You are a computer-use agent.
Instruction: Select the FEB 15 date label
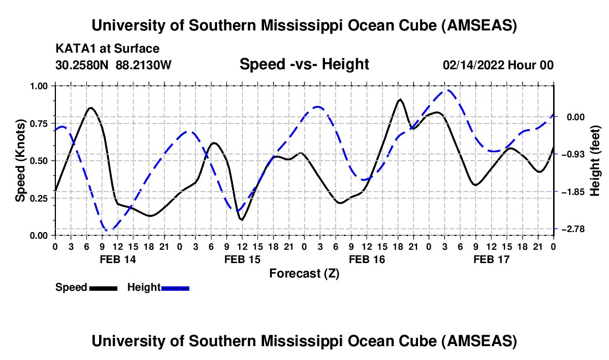click(x=242, y=259)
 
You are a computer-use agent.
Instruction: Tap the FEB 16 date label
click(x=367, y=259)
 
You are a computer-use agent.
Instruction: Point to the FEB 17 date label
click(x=491, y=259)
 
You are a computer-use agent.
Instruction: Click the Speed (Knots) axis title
click(x=20, y=161)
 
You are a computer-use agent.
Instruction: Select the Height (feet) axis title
click(x=595, y=161)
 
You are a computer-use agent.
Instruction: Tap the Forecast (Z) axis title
click(x=304, y=273)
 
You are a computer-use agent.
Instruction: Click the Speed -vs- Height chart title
click(x=304, y=64)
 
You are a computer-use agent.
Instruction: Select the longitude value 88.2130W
click(x=144, y=65)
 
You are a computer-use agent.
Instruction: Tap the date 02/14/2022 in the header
click(x=473, y=65)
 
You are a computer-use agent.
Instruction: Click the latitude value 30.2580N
click(x=82, y=65)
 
